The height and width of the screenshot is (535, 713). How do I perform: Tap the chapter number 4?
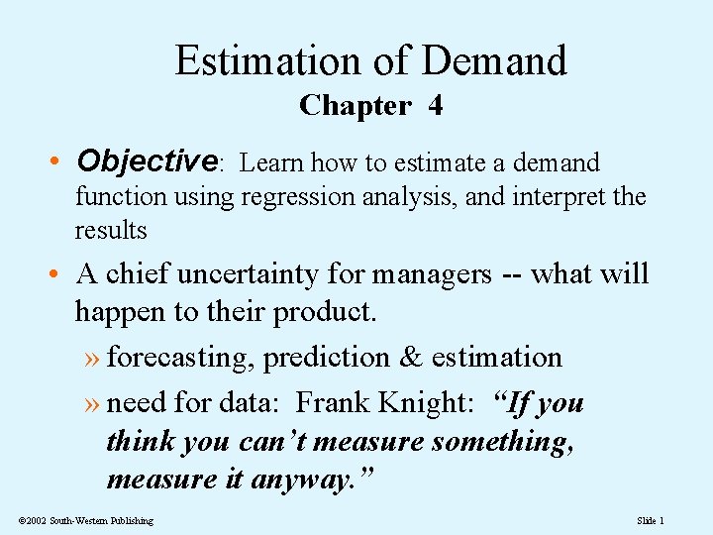(x=435, y=106)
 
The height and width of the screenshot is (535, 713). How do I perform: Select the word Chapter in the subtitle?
(x=355, y=106)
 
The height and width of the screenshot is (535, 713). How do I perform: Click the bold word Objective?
(x=147, y=160)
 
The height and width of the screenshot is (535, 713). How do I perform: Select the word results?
(x=110, y=230)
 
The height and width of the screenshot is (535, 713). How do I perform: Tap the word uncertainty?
(x=252, y=273)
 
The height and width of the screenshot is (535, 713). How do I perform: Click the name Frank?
(x=332, y=403)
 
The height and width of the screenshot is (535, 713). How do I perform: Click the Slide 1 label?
(x=651, y=521)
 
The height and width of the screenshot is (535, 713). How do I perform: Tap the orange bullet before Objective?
(x=58, y=161)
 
